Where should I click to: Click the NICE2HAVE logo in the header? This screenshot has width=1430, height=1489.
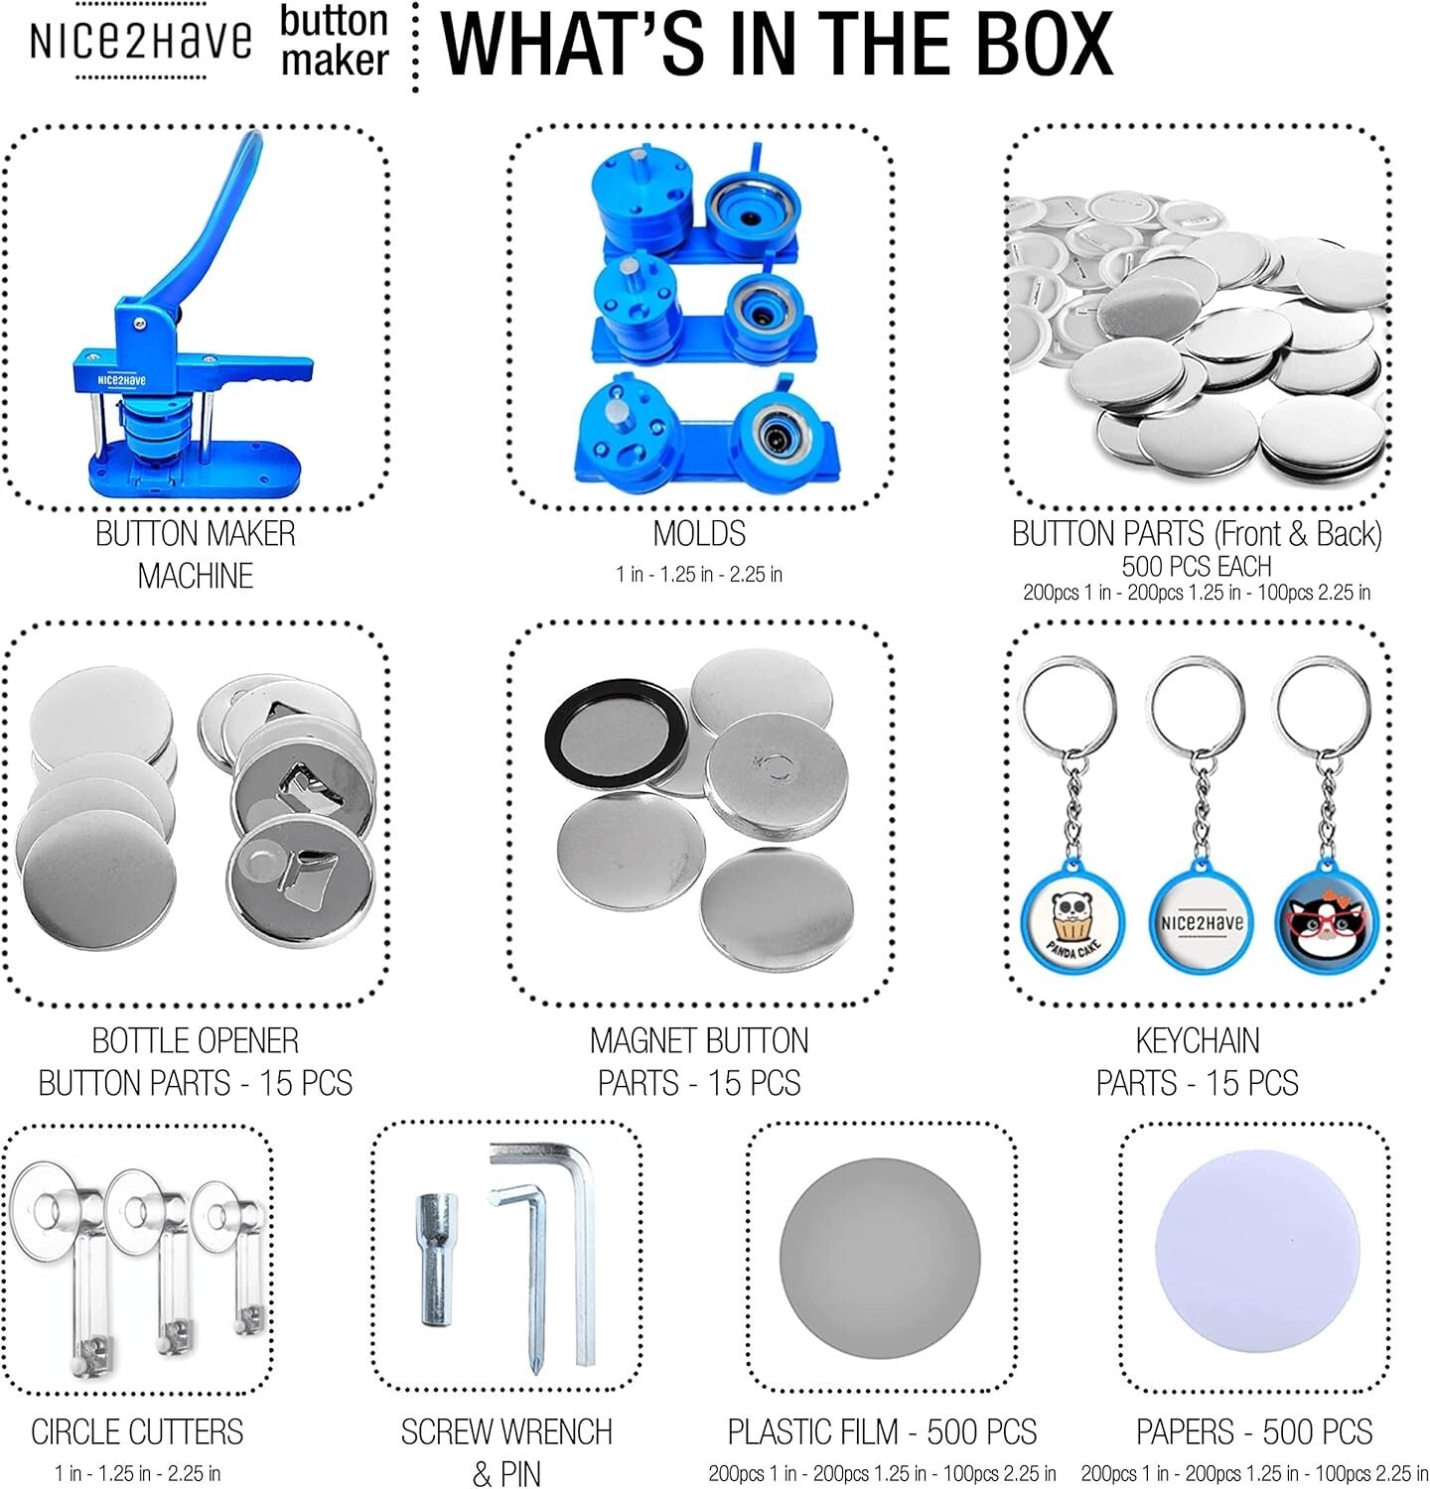pyautogui.click(x=140, y=41)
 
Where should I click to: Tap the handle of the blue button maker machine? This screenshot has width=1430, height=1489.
pyautogui.click(x=214, y=218)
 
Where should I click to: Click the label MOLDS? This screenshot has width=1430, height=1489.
pyautogui.click(x=699, y=534)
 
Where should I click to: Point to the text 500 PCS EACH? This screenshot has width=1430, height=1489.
pyautogui.click(x=1197, y=567)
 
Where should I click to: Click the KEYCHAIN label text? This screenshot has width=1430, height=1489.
pyautogui.click(x=1198, y=1040)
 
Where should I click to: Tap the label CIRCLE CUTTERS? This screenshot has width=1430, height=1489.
pyautogui.click(x=137, y=1431)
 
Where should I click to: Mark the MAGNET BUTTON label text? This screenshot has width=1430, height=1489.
pyautogui.click(x=699, y=1040)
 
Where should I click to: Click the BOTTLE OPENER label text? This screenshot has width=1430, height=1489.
pyautogui.click(x=196, y=1040)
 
